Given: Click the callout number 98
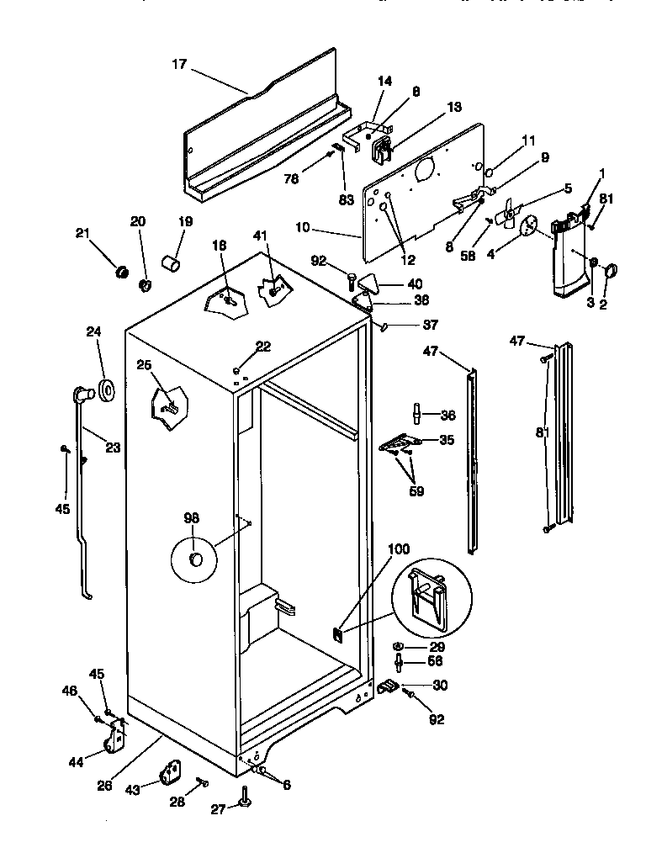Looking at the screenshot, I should point(193,519).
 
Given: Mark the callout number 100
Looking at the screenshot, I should point(399,549).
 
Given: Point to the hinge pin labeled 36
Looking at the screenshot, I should point(416,414).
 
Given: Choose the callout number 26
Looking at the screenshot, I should point(104,786).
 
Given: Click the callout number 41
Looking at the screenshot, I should point(259,236).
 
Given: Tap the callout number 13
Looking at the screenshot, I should point(454,107).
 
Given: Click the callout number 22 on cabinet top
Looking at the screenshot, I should point(263,347).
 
